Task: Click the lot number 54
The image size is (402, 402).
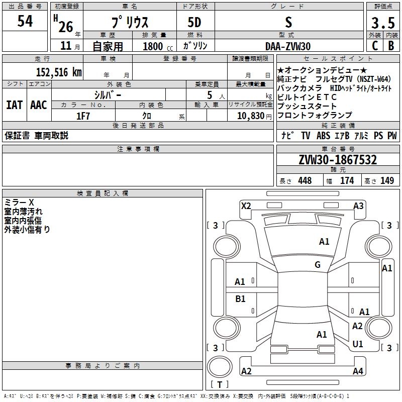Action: pos(25,22)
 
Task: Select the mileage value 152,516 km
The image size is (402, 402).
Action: pos(59,72)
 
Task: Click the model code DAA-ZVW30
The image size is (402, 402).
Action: pos(288,46)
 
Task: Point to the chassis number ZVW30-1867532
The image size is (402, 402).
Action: pos(338,160)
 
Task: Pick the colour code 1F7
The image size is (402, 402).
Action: pos(83,116)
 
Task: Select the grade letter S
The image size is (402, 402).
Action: pos(288,23)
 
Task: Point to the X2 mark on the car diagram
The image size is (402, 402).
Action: pos(246,206)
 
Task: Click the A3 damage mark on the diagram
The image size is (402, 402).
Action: pos(358,206)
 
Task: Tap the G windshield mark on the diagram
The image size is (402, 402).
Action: pos(318,265)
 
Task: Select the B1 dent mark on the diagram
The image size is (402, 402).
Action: pos(240,299)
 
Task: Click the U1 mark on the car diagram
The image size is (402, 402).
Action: pos(358,344)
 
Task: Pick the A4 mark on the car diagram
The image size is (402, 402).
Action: pos(358,371)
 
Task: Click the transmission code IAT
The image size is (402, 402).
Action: pos(14,105)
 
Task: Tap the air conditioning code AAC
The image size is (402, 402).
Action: pos(39,105)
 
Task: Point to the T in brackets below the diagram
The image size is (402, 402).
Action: pos(220,385)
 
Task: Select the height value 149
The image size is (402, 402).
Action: pos(387,181)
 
